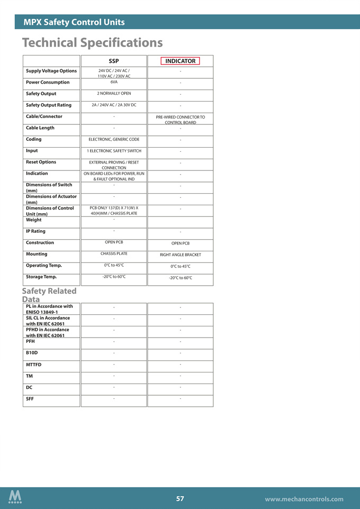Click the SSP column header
pyautogui.click(x=114, y=61)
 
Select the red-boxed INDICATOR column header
pyautogui.click(x=180, y=61)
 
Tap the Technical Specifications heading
pyautogui.click(x=92, y=42)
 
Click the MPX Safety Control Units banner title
pyautogui.click(x=74, y=22)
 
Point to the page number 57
pyautogui.click(x=180, y=498)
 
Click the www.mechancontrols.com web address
pyautogui.click(x=304, y=499)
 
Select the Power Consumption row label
pyautogui.click(x=48, y=82)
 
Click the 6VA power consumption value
pyautogui.click(x=114, y=82)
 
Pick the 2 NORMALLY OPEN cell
pyautogui.click(x=114, y=94)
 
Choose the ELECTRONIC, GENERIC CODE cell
pyautogui.click(x=114, y=139)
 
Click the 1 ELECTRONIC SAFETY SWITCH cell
pyautogui.click(x=114, y=151)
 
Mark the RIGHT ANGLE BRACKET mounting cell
pyautogui.click(x=180, y=255)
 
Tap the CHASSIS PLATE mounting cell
pyautogui.click(x=114, y=254)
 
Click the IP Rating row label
pyautogui.click(x=35, y=231)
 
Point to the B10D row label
pyautogui.click(x=32, y=352)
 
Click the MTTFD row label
pyautogui.click(x=33, y=365)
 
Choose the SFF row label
pyautogui.click(x=31, y=398)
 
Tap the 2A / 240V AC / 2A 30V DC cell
pyautogui.click(x=114, y=105)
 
